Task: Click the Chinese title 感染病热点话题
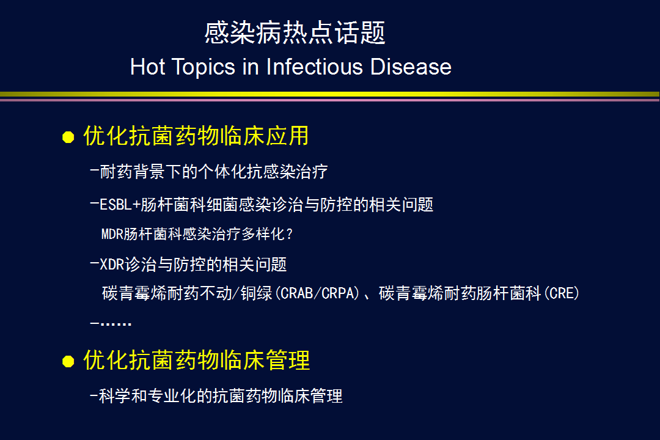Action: [x=295, y=32]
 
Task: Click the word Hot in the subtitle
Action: [x=147, y=67]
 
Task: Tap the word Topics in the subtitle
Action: [x=204, y=67]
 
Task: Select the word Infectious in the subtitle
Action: [x=314, y=67]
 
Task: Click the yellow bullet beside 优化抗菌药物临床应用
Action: [x=68, y=137]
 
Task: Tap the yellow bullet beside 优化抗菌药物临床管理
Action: [x=68, y=361]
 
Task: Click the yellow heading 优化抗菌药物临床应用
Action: [x=196, y=136]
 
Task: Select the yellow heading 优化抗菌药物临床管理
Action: [x=197, y=360]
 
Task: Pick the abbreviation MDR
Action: [x=112, y=234]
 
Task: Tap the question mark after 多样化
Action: [x=288, y=234]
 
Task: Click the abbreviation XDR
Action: [x=112, y=265]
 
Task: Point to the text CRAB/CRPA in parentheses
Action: [x=320, y=293]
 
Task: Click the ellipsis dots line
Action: [x=111, y=323]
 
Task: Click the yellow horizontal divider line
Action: [x=329, y=94]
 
